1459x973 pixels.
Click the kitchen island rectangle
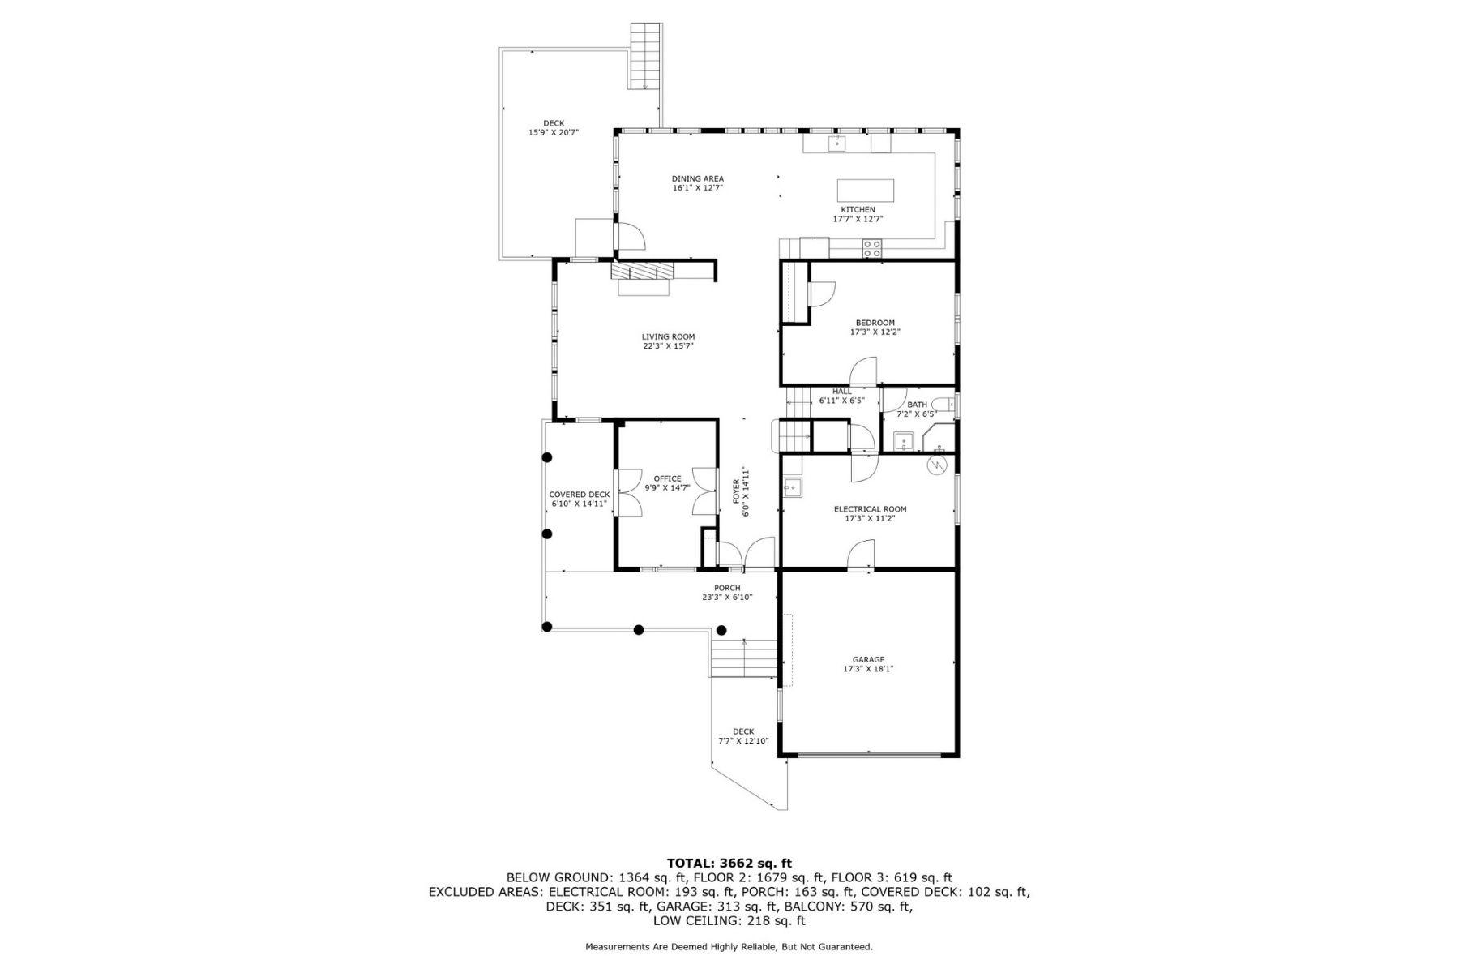click(x=866, y=191)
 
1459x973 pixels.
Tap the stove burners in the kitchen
click(x=872, y=248)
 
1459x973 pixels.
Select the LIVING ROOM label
click(x=668, y=336)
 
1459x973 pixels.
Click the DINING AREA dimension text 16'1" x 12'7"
click(x=697, y=188)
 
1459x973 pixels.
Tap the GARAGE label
click(x=868, y=660)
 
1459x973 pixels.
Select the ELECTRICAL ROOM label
click(x=871, y=509)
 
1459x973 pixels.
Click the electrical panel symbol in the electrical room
click(x=938, y=465)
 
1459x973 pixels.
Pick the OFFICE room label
click(x=668, y=478)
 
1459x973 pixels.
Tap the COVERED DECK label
click(x=579, y=495)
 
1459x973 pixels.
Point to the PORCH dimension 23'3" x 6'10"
click(x=727, y=598)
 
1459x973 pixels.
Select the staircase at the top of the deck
click(x=645, y=56)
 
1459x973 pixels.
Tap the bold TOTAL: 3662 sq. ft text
click(x=729, y=863)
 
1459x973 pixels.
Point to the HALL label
click(x=842, y=391)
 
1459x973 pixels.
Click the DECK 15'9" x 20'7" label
click(x=554, y=128)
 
